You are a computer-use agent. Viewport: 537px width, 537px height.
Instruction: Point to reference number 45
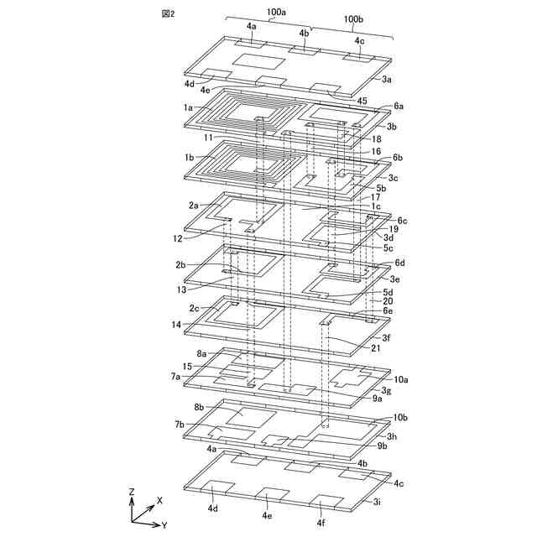tap(362, 101)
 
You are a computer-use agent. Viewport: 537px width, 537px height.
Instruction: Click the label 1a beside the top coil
tap(190, 107)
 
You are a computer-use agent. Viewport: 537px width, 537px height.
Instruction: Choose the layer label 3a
tap(386, 79)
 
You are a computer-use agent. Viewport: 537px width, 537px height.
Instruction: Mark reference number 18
tap(377, 138)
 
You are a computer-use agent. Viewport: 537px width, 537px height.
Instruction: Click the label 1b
tap(190, 157)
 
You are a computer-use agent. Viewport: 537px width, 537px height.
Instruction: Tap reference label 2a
tap(194, 205)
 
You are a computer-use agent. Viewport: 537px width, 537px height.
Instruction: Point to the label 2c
tap(194, 308)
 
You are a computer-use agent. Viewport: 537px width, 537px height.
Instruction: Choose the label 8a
tap(201, 354)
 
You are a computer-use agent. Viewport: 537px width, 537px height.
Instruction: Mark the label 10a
tap(401, 379)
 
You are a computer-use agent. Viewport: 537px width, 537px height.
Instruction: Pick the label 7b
tap(179, 425)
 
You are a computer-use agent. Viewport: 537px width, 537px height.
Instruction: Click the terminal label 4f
tap(321, 523)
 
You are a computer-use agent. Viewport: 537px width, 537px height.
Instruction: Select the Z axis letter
tap(132, 491)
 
